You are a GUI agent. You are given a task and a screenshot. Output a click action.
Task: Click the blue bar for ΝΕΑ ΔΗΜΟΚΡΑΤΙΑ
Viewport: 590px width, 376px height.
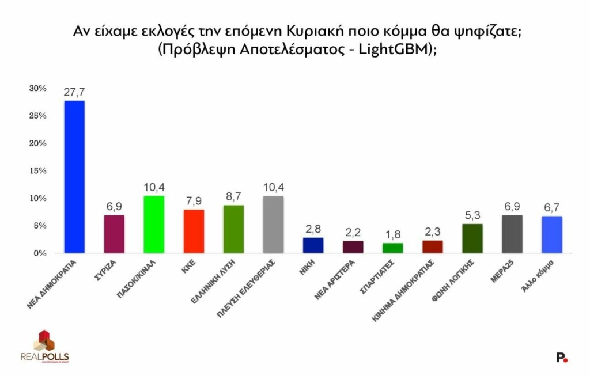coord(74,177)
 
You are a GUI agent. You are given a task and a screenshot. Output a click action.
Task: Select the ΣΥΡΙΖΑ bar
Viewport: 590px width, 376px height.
coord(114,234)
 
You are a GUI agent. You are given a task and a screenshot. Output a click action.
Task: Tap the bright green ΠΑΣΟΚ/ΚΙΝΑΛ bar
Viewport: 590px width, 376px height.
coord(154,225)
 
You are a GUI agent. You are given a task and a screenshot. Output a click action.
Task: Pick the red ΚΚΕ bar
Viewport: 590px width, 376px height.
coord(194,231)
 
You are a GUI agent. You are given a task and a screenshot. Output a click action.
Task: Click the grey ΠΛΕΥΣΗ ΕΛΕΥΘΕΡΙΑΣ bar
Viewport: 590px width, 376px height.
coord(273,225)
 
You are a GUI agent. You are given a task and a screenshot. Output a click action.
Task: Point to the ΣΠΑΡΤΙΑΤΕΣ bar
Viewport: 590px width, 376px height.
coord(393,248)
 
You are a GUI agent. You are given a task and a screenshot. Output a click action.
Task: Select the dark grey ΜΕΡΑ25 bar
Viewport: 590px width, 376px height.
coord(512,234)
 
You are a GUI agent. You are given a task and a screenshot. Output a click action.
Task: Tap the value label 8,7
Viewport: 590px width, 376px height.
coord(233,197)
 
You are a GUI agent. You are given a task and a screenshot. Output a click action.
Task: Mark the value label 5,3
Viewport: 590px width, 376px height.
coord(472,216)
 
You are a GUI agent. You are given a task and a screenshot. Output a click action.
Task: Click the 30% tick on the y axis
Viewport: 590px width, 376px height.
coord(37,88)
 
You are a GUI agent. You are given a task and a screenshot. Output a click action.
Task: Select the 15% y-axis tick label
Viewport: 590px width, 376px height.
coord(37,171)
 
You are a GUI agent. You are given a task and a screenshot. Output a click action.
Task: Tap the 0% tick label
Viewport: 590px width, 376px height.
coord(40,253)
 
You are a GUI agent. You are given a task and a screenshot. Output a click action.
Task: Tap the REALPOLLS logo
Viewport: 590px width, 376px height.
coord(44,346)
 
